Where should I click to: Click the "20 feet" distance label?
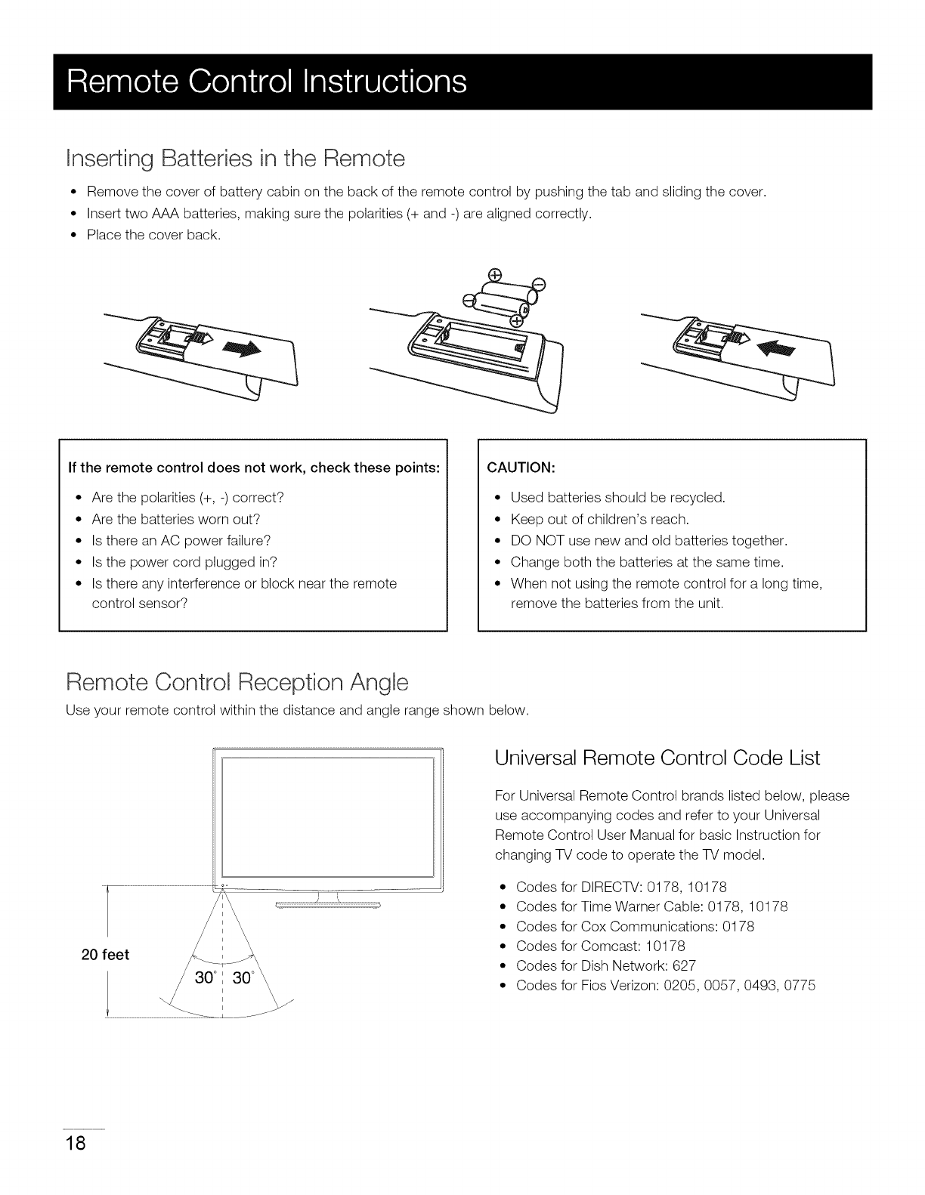[105, 954]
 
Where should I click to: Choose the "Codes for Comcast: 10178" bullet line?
[600, 946]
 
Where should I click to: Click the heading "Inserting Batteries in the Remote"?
[236, 159]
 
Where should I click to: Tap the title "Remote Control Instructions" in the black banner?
[266, 82]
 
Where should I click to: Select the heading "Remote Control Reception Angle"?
[237, 683]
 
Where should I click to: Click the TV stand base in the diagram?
[327, 904]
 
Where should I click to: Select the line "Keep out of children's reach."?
[600, 519]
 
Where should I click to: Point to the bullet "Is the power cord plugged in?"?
[184, 562]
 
